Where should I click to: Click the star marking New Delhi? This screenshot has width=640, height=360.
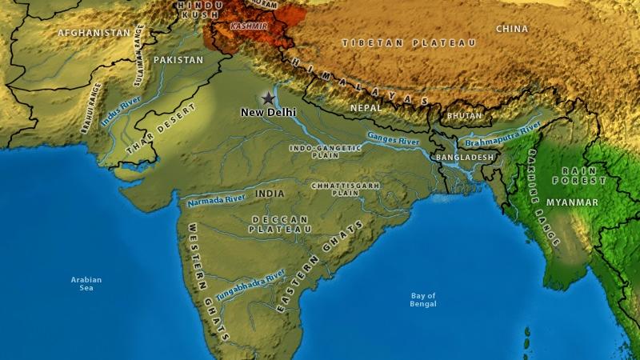[x=266, y=98]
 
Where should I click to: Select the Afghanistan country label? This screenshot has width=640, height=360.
[x=94, y=33]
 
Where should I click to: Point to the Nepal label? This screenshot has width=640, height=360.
[x=366, y=106]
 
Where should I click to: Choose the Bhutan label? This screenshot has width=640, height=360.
[x=465, y=115]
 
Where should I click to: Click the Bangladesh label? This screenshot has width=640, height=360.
[x=465, y=158]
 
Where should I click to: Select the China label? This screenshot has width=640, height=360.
[x=512, y=29]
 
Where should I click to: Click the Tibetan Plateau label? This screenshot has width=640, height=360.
[x=409, y=42]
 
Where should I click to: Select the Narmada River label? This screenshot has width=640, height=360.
[x=215, y=200]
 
